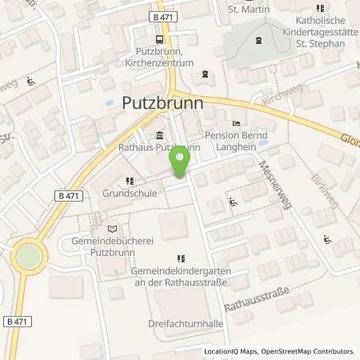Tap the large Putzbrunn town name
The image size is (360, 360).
161,105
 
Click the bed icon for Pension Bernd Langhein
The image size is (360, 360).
234,122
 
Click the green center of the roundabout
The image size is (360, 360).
27,257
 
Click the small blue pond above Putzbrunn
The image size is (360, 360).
113,104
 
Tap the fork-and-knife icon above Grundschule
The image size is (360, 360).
129,181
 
